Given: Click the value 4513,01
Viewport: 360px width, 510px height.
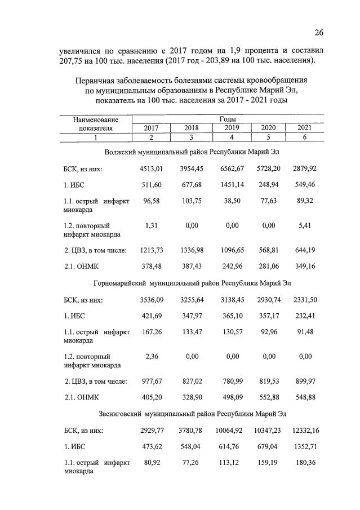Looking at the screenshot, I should (x=151, y=168).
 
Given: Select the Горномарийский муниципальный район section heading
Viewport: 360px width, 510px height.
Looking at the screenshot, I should (x=192, y=282).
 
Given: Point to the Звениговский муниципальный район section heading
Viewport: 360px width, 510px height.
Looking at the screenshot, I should (x=192, y=413).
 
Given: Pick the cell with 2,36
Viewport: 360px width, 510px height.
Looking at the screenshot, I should (x=151, y=356).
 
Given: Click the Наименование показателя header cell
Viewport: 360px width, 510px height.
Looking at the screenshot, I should (x=96, y=124).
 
